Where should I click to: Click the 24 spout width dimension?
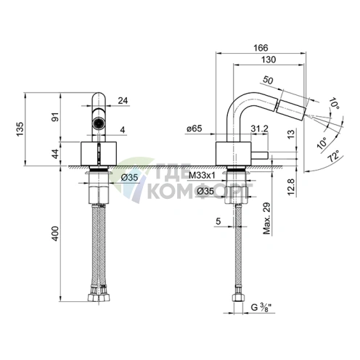(123, 101)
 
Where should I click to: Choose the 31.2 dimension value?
(259, 129)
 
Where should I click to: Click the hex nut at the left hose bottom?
(98, 298)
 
